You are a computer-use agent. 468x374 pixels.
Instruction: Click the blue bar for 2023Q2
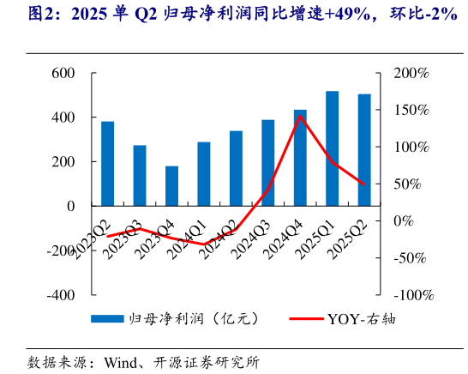(x=107, y=164)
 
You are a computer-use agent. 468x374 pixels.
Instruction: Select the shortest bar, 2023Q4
(x=171, y=186)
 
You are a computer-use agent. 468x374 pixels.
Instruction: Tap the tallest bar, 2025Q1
(x=332, y=148)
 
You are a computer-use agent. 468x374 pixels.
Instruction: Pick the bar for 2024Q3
(x=267, y=163)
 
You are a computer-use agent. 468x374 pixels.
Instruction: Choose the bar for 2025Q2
(x=364, y=150)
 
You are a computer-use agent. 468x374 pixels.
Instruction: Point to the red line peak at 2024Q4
(x=300, y=115)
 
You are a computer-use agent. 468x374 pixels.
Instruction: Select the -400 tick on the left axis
(x=59, y=294)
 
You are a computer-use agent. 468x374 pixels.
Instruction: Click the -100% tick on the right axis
(x=411, y=294)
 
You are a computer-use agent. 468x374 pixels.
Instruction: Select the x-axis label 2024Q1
(x=192, y=233)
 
